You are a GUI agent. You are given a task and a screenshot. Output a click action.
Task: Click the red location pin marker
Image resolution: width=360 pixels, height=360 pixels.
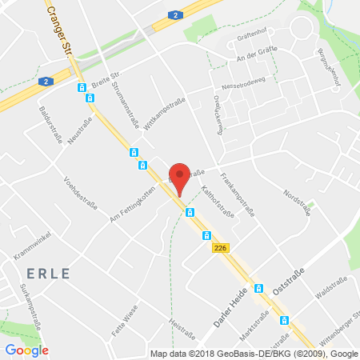pos(181,178)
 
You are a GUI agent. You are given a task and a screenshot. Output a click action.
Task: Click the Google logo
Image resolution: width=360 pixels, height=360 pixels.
pos(26,350)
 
